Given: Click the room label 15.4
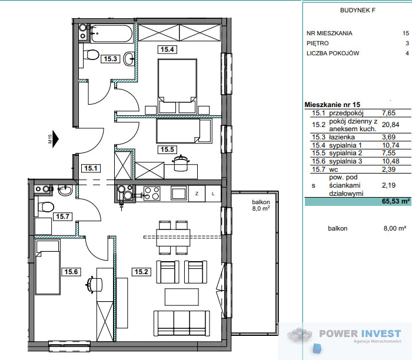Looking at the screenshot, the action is (x=167, y=49).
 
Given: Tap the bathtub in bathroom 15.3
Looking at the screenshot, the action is (x=111, y=34).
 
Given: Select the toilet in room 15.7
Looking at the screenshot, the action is (x=44, y=206).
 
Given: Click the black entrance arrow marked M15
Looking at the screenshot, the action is (x=56, y=139).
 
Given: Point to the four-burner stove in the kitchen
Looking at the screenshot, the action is (x=152, y=194).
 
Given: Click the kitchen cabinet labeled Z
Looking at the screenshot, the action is (x=197, y=194).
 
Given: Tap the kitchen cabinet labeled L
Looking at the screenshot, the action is (x=213, y=194).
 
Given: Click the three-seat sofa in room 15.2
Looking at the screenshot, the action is (x=181, y=324).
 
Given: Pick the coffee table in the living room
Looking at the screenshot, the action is (x=181, y=296).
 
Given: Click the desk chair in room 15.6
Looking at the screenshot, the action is (x=94, y=284).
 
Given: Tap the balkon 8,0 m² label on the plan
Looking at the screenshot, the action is (x=261, y=205).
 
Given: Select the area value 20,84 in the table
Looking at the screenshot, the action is (x=390, y=125).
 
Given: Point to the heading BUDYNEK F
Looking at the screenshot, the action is (x=358, y=10).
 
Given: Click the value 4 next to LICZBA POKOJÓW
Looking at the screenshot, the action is (x=407, y=54).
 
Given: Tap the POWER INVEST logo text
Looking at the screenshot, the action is (x=360, y=334).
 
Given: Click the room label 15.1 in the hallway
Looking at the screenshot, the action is (x=91, y=168).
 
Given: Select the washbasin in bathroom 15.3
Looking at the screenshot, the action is (x=129, y=59).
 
